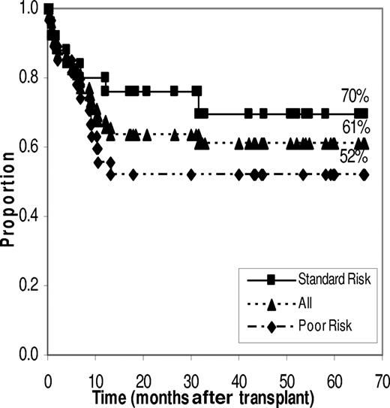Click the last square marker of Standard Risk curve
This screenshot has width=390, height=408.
coord(363,113)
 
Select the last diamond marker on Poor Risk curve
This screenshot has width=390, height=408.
coord(363,174)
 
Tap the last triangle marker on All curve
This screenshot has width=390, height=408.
coord(363,143)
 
